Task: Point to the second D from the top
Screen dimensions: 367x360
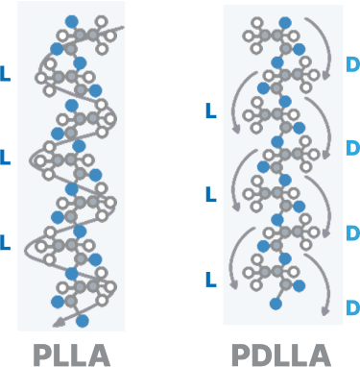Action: (x=351, y=148)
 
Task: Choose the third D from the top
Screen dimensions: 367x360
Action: (x=351, y=232)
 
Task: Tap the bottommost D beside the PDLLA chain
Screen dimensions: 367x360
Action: (x=351, y=307)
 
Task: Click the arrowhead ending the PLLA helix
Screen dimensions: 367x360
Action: (x=59, y=321)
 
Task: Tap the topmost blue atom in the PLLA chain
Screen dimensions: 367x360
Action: (x=71, y=20)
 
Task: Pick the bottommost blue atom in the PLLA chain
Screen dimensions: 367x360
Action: (x=83, y=319)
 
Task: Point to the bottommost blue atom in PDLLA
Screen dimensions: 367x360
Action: (x=276, y=305)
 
